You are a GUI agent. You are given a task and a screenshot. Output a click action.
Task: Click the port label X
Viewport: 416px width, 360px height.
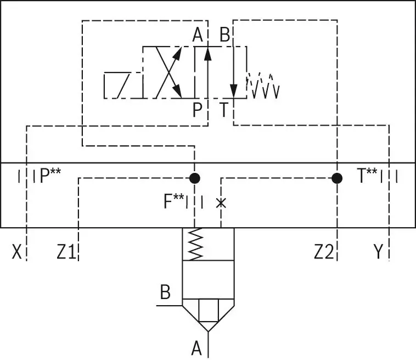point(18,252)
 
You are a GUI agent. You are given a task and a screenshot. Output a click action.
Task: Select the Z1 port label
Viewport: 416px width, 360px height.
point(66,252)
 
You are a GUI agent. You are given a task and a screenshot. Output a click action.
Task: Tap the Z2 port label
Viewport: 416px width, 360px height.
point(324,252)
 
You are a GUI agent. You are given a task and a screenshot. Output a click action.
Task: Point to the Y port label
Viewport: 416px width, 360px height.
point(378,252)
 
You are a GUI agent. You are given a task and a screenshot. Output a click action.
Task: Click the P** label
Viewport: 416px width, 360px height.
point(50,176)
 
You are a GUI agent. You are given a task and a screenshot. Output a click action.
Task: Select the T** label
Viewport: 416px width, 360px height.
point(367,176)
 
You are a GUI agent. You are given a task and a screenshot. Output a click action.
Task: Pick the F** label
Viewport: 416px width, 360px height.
point(173,201)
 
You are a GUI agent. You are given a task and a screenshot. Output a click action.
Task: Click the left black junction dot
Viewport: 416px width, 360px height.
point(195,178)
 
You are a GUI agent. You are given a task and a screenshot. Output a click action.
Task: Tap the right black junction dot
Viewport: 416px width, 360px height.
point(337,178)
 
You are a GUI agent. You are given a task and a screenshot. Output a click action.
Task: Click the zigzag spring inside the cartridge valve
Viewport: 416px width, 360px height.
point(195,244)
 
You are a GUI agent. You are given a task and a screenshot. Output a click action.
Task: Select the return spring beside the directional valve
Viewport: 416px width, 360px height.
point(263,86)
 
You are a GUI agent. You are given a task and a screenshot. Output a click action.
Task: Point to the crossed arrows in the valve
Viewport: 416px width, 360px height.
point(168,72)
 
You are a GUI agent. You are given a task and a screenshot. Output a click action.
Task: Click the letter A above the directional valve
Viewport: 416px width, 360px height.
point(198,36)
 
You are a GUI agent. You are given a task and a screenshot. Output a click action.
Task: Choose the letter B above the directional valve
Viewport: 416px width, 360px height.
point(224,36)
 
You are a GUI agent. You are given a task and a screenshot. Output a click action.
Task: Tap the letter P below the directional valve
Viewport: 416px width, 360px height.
point(198,110)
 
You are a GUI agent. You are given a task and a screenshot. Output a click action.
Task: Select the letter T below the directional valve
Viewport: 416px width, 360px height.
point(224,110)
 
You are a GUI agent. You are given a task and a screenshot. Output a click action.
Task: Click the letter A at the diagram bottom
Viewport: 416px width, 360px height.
point(196,347)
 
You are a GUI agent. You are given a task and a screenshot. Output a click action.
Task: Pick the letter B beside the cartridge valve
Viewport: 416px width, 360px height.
point(165,292)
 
